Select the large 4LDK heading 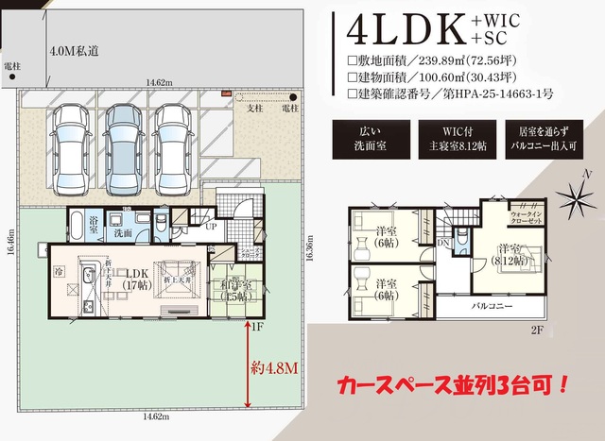tap(406, 30)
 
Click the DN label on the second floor tap(442, 242)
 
